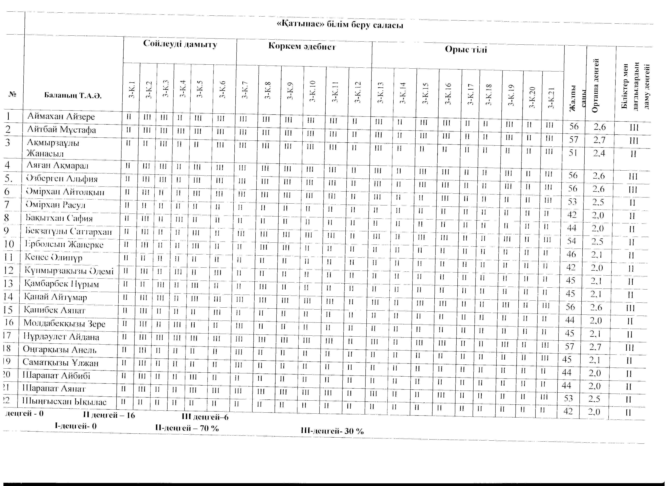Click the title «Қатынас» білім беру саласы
click(340, 25)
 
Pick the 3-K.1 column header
click(131, 89)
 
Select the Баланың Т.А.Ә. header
click(73, 95)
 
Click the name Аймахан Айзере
click(61, 116)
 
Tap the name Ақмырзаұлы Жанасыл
click(53, 148)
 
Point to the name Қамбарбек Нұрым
click(61, 284)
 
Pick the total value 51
click(573, 153)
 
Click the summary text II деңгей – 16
click(109, 415)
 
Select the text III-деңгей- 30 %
click(332, 431)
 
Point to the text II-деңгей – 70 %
click(187, 428)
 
